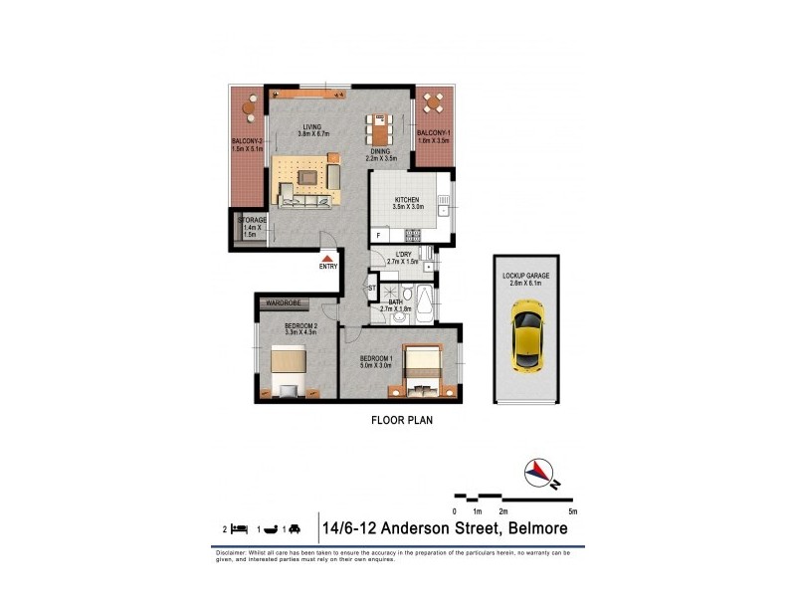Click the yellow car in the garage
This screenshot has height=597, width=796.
point(525,340)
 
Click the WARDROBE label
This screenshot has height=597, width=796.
point(285,302)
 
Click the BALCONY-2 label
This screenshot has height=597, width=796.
point(247,141)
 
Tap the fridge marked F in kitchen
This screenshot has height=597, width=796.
point(378,236)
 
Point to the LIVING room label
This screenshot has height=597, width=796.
point(314,126)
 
